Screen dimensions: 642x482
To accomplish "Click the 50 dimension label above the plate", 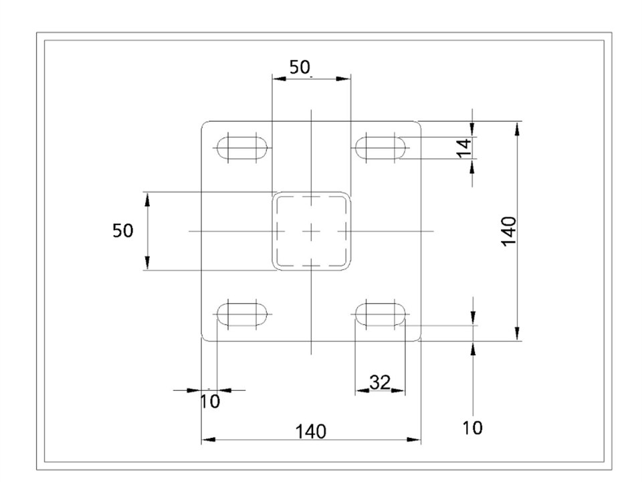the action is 300,67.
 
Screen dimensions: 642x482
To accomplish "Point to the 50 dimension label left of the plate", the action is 123,231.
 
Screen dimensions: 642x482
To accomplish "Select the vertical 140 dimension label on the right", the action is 508,231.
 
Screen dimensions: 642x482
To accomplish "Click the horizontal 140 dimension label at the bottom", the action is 311,432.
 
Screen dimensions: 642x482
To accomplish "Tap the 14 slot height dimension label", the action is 464,148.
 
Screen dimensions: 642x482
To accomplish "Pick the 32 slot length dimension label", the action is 380,382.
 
